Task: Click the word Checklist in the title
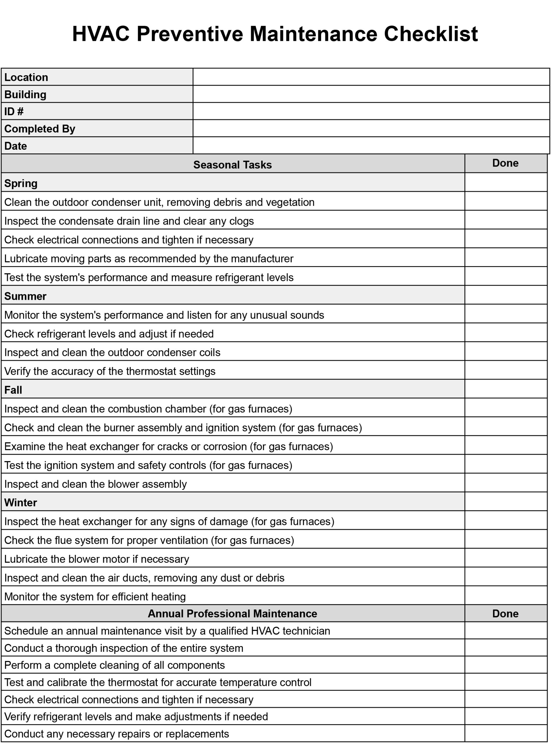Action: (431, 34)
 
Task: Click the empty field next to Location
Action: (371, 77)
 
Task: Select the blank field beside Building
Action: (371, 94)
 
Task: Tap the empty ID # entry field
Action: (371, 111)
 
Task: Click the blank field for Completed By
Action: (371, 128)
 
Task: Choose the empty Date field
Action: (371, 146)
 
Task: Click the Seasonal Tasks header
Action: (233, 165)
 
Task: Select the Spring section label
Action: (21, 183)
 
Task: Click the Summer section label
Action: (25, 296)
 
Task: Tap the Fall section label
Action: (13, 390)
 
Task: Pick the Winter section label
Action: (21, 503)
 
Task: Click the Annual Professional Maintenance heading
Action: (233, 614)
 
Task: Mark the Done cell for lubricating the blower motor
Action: (506, 559)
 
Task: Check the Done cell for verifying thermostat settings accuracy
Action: (506, 371)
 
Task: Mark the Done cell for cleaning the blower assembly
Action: (506, 484)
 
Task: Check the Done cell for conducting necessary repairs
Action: (506, 734)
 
